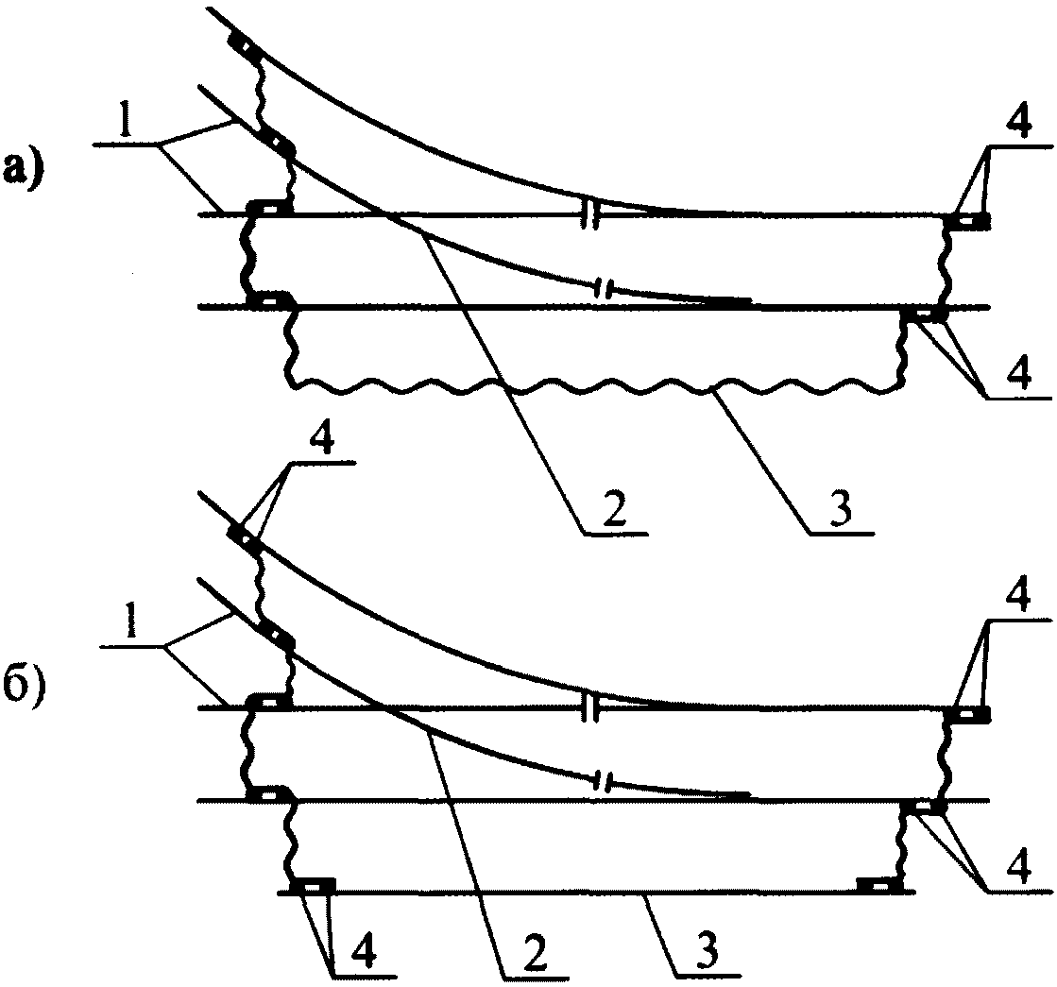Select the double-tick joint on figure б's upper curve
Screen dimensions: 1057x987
[x=591, y=707]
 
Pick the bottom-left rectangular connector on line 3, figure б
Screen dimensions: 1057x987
[x=314, y=885]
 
